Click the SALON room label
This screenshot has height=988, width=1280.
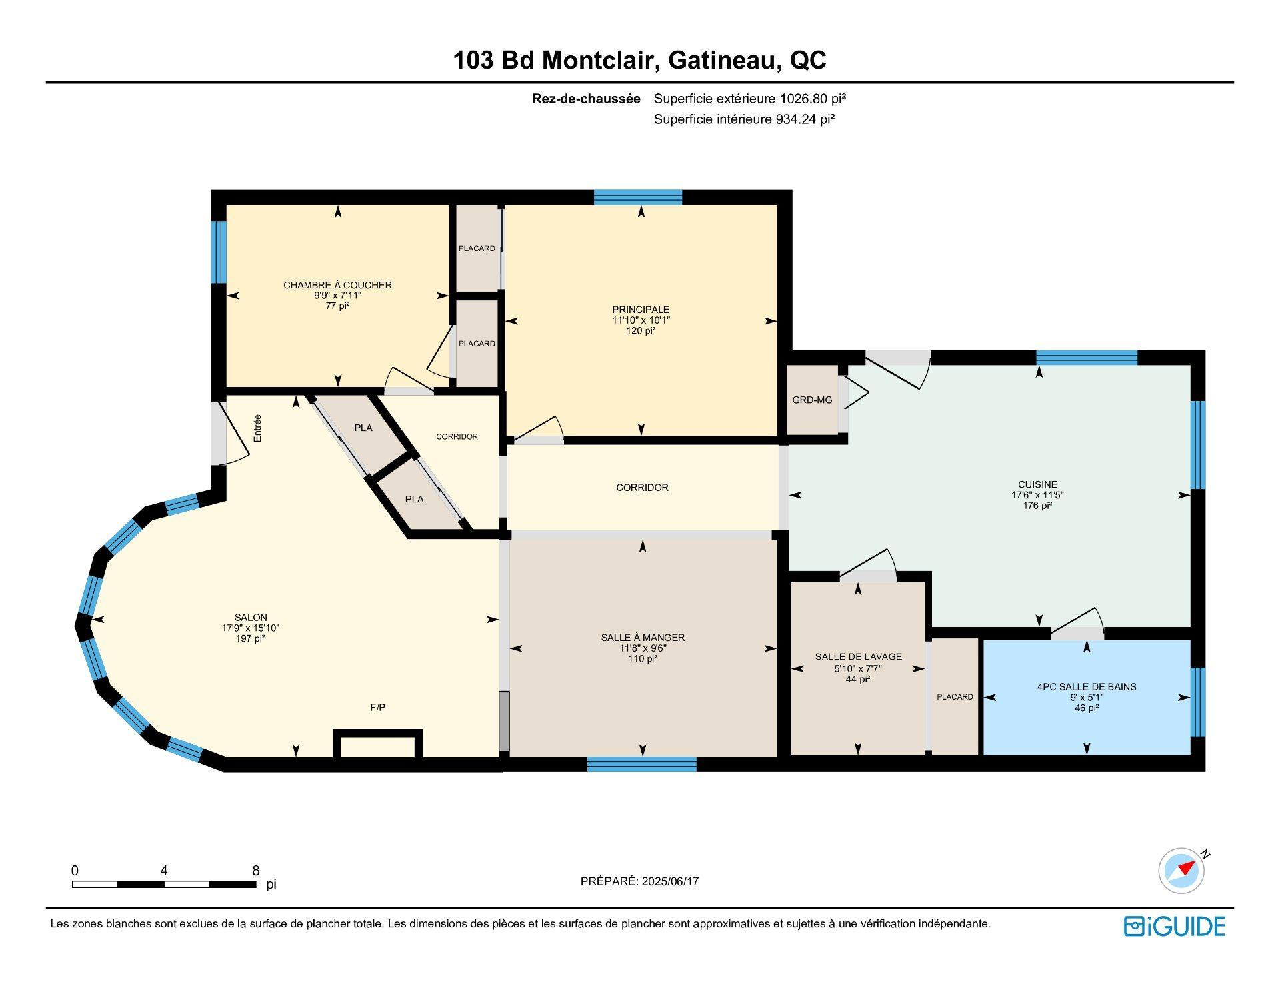point(251,618)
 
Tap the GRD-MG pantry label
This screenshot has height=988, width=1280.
point(812,400)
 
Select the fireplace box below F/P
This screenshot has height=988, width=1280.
point(377,744)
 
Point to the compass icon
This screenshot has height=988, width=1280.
point(1182,871)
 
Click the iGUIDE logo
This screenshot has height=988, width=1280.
point(1175,927)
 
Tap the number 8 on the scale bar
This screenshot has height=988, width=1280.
point(256,871)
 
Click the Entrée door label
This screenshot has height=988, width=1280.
point(257,428)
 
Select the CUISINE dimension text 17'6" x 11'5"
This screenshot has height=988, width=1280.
point(1037,495)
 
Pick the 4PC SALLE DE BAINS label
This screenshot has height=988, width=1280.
point(1087,687)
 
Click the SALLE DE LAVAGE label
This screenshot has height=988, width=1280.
point(858,657)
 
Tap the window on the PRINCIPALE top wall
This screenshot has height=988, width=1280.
point(638,197)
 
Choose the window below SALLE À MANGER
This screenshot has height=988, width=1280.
point(642,764)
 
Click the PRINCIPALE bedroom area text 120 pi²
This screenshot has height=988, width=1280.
point(641,330)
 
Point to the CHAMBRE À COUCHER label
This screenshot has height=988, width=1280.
point(337,285)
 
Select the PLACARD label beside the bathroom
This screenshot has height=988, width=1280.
point(955,697)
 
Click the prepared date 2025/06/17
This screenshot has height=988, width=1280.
point(670,881)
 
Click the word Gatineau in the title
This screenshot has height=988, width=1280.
point(725,61)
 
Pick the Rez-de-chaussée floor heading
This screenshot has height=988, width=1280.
point(586,99)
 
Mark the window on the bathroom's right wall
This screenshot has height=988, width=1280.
point(1198,702)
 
